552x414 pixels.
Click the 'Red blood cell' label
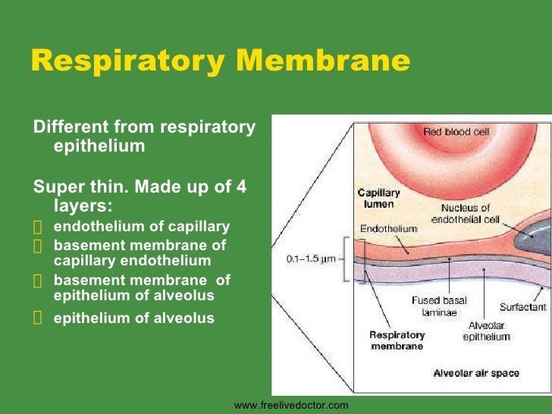pyautogui.click(x=456, y=132)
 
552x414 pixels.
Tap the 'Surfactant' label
pyautogui.click(x=523, y=307)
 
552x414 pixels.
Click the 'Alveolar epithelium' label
pyautogui.click(x=487, y=331)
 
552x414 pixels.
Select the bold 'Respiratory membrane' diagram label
pyautogui.click(x=397, y=340)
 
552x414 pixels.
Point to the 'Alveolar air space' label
pyautogui.click(x=476, y=372)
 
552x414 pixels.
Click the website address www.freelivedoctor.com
pyautogui.click(x=291, y=406)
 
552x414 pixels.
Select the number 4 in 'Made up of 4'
pyautogui.click(x=242, y=187)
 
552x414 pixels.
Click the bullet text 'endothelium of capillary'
pyautogui.click(x=142, y=227)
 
